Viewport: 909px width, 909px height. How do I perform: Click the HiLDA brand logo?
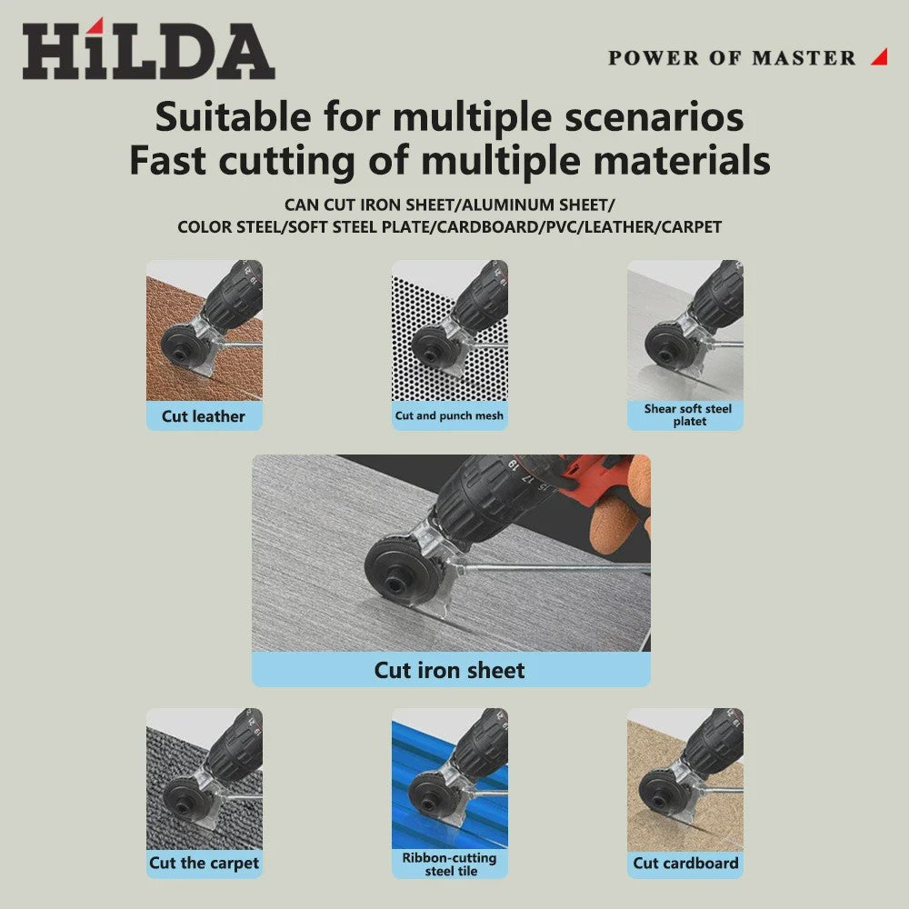point(148,49)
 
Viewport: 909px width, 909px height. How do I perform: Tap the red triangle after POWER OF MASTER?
point(881,56)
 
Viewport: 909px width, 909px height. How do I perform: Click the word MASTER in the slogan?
point(804,58)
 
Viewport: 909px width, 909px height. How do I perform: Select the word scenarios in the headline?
point(654,117)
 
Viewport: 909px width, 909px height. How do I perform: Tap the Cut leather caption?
point(204,416)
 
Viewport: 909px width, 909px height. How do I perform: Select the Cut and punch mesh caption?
point(449,415)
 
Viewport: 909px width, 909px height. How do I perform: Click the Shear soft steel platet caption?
point(688,415)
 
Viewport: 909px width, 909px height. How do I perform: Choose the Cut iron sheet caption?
point(449,670)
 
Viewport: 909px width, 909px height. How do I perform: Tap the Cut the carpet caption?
point(204,864)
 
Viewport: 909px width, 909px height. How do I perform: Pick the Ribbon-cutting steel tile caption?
point(449,864)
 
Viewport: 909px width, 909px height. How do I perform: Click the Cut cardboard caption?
point(685,864)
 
